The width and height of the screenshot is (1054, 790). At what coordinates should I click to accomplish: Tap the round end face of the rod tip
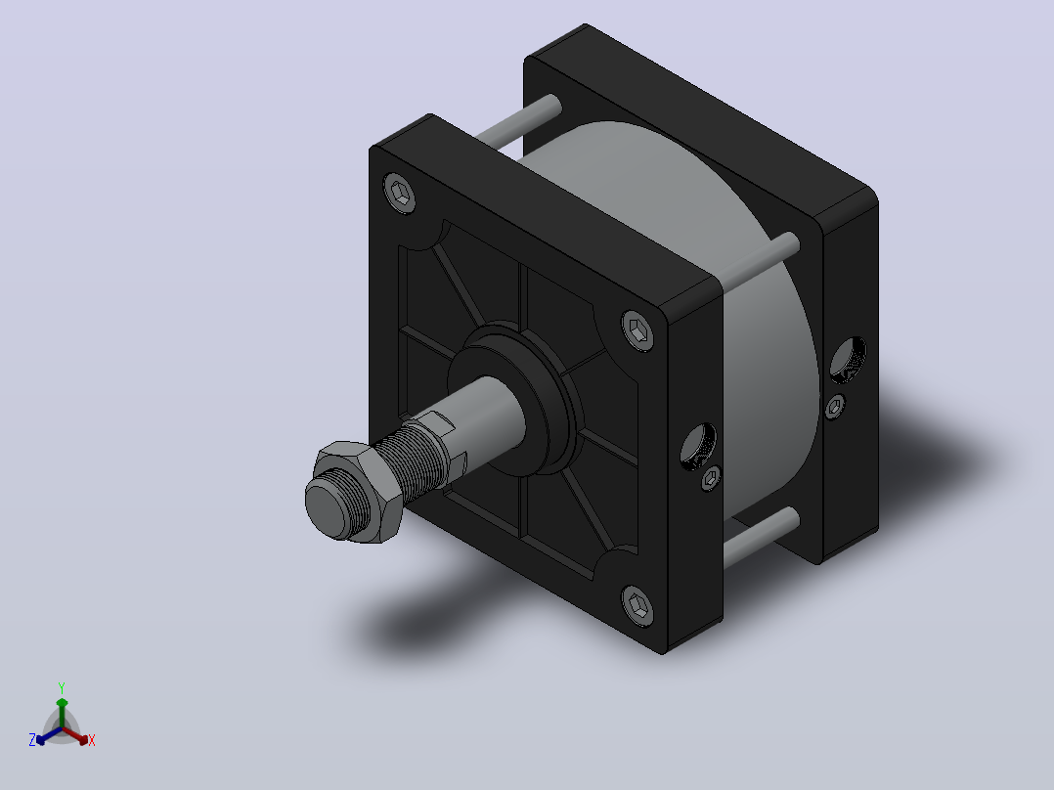[x=329, y=505]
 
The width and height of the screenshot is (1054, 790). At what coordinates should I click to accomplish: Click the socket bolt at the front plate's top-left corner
[x=399, y=193]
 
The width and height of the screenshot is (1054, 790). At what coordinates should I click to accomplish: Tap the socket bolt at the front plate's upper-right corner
[x=637, y=330]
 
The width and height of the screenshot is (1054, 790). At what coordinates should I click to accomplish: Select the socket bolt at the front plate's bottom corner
[x=637, y=606]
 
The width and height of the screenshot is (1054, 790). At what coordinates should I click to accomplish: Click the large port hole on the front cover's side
[x=698, y=447]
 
